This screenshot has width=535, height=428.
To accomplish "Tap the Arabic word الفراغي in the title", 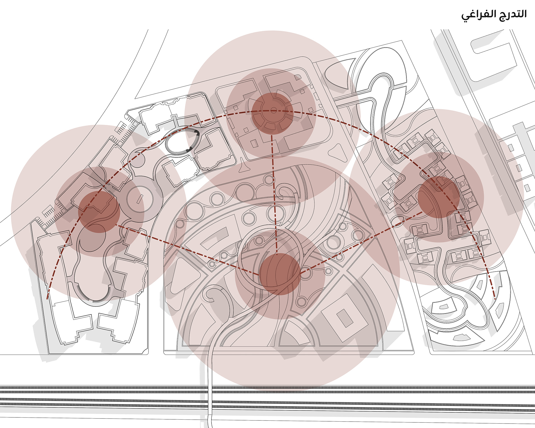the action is click(478, 15).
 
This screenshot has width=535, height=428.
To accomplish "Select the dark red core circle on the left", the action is click(99, 212).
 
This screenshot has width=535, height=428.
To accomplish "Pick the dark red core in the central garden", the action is click(280, 274).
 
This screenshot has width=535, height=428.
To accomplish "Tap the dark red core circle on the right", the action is click(439, 197).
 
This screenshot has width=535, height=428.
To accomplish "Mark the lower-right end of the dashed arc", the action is click(495, 299).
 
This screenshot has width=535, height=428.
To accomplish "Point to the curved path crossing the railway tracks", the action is click(210, 390).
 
